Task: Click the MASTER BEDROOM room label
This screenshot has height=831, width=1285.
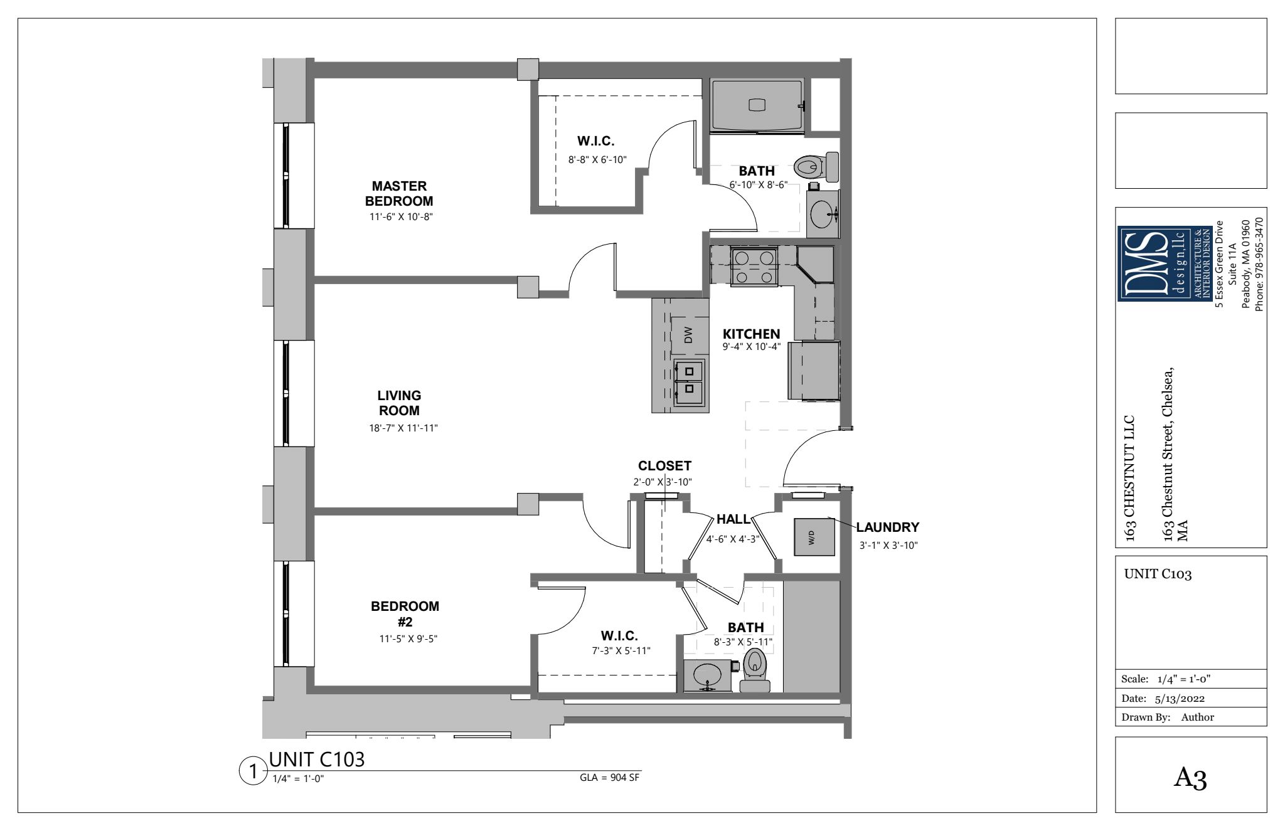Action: point(399,194)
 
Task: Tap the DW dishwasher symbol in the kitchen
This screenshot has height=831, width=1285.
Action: point(688,336)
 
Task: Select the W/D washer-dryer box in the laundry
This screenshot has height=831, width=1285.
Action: point(814,537)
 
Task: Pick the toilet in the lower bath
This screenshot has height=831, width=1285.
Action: point(754,670)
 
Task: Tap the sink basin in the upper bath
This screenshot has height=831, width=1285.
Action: point(824,214)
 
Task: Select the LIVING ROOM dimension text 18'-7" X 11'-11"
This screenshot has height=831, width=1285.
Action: point(403,428)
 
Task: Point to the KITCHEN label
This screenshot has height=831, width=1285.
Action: point(751,334)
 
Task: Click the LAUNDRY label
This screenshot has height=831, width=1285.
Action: point(887,527)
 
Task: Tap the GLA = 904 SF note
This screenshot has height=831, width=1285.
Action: point(610,778)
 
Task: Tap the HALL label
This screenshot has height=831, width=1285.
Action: point(733,519)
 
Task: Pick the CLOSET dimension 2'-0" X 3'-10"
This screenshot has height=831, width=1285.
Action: point(663,482)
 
